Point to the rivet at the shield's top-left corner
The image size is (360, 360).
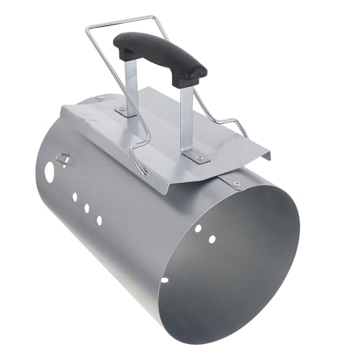[100, 99]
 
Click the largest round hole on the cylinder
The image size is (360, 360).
[50, 173]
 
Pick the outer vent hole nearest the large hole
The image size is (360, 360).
[75, 197]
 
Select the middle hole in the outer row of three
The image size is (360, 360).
[87, 208]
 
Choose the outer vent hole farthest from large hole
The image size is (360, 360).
[99, 220]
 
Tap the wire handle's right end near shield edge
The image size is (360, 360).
[245, 134]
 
